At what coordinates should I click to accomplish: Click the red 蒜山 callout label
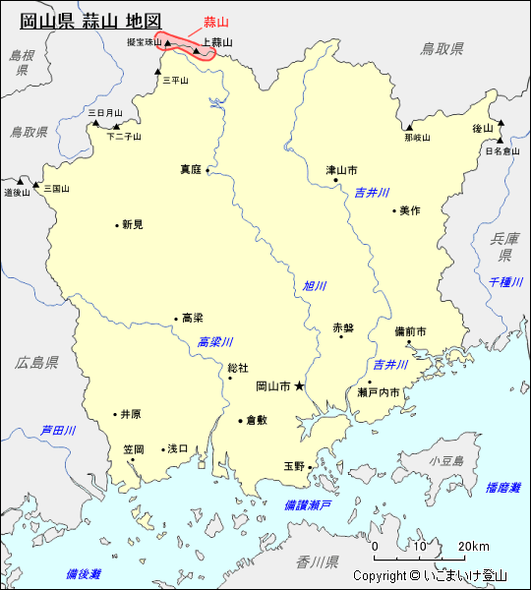pyautogui.click(x=214, y=22)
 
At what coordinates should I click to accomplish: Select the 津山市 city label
pyautogui.click(x=341, y=170)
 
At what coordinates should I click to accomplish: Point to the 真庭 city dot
pyautogui.click(x=207, y=170)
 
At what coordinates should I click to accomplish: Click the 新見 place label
pyautogui.click(x=132, y=224)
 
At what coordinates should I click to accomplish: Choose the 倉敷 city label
pyautogui.click(x=256, y=419)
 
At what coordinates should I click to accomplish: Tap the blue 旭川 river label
pyautogui.click(x=314, y=286)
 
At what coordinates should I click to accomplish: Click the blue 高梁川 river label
pyautogui.click(x=214, y=342)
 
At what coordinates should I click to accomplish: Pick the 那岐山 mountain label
pyautogui.click(x=417, y=138)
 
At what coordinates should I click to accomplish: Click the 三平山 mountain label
pyautogui.click(x=173, y=81)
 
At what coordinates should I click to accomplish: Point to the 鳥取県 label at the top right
pyautogui.click(x=441, y=48)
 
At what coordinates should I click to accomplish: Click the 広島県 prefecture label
pyautogui.click(x=36, y=363)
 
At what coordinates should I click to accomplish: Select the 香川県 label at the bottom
pyautogui.click(x=317, y=562)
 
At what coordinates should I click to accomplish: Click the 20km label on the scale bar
pyautogui.click(x=474, y=547)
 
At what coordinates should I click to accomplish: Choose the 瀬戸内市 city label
pyautogui.click(x=379, y=392)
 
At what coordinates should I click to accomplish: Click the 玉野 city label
pyautogui.click(x=294, y=466)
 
